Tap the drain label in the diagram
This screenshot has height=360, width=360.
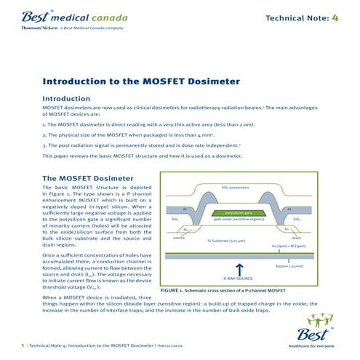coord(296,238)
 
